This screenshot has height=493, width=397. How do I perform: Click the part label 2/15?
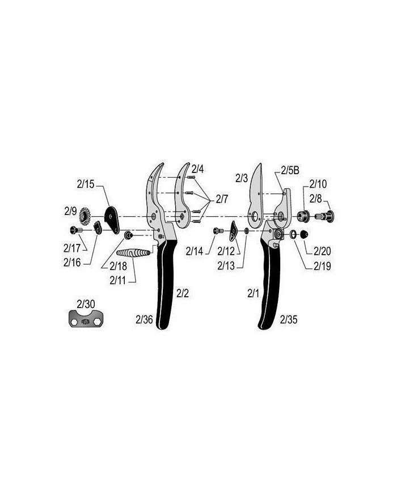pos(86,184)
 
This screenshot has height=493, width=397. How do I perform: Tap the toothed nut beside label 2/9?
pos(85,216)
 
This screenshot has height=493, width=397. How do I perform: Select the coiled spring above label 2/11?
pos(133,252)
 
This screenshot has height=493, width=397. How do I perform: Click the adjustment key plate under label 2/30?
pos(86,318)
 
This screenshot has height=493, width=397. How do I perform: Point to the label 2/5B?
pos(290,170)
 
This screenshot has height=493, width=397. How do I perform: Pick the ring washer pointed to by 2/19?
pos(293,234)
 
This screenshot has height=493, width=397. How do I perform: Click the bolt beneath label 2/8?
pos(324,216)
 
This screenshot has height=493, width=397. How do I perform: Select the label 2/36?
pos(144,319)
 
